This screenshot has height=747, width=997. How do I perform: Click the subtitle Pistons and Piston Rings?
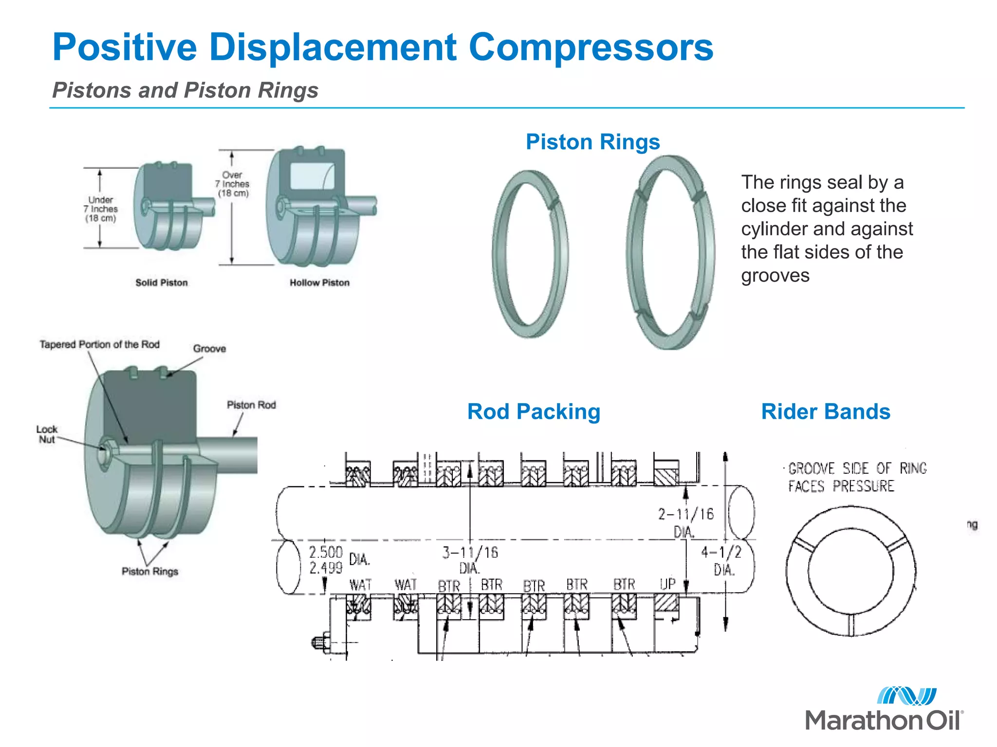pos(185,90)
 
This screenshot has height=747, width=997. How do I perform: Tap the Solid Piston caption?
pos(161,283)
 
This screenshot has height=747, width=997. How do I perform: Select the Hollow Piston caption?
pos(319,283)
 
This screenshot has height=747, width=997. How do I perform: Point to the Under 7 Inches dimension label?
pos(101,209)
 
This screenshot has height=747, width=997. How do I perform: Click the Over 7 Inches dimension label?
pos(233,184)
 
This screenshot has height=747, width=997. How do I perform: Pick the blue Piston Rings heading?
pos(592,142)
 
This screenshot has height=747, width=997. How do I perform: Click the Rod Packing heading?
pos(534,411)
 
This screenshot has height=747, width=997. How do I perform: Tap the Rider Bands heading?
pos(826,411)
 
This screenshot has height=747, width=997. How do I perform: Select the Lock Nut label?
pos(47,434)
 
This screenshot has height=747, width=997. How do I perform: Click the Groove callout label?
pos(209,349)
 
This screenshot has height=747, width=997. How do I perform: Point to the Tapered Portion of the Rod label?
pos(100,344)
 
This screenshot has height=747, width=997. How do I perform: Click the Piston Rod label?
pos(251,405)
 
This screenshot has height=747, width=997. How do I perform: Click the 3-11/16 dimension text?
pos(470,553)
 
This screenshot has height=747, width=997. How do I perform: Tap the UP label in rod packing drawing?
pos(668,584)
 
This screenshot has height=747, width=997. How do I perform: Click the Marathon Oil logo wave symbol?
pos(906,696)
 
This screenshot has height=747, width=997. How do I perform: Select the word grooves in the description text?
pos(775,276)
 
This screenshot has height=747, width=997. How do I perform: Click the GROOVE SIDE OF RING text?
pos(857,468)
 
